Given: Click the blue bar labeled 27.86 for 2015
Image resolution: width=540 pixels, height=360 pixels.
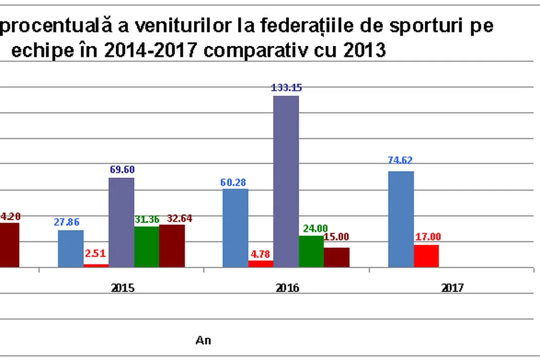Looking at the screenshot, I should click(x=70, y=249).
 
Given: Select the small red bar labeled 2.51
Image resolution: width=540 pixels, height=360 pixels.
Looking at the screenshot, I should click(x=96, y=265).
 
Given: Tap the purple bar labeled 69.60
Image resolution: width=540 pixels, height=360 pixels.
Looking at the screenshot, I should click(x=121, y=222).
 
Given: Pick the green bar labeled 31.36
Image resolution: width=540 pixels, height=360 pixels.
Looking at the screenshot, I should click(x=147, y=247).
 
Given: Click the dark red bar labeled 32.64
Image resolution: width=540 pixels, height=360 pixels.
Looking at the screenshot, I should click(x=172, y=246).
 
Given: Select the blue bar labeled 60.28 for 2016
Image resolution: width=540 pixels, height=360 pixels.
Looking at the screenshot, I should click(x=236, y=228).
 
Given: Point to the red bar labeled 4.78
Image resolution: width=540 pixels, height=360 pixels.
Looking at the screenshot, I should click(x=261, y=264).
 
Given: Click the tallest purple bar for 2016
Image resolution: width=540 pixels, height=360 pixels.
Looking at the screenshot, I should click(x=286, y=182).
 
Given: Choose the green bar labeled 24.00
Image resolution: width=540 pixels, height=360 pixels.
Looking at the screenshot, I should click(x=311, y=251).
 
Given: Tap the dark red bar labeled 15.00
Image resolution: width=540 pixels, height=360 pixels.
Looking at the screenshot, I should click(x=336, y=257).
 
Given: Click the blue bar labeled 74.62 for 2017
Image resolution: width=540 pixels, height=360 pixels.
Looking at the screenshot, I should click(x=401, y=219).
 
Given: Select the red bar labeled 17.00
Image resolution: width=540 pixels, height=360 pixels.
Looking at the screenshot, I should click(x=426, y=256).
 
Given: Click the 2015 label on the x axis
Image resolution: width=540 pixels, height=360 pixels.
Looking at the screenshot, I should click(x=123, y=288).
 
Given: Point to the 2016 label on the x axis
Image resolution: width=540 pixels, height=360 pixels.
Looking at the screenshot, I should click(x=287, y=288).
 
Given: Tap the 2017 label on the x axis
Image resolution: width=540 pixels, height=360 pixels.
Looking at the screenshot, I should click(x=453, y=288).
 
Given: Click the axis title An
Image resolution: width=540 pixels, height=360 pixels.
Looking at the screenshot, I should click(x=204, y=340).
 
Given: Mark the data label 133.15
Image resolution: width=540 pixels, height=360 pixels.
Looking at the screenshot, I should click(x=286, y=87).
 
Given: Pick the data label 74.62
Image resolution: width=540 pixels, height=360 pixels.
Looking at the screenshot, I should click(x=400, y=159).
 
